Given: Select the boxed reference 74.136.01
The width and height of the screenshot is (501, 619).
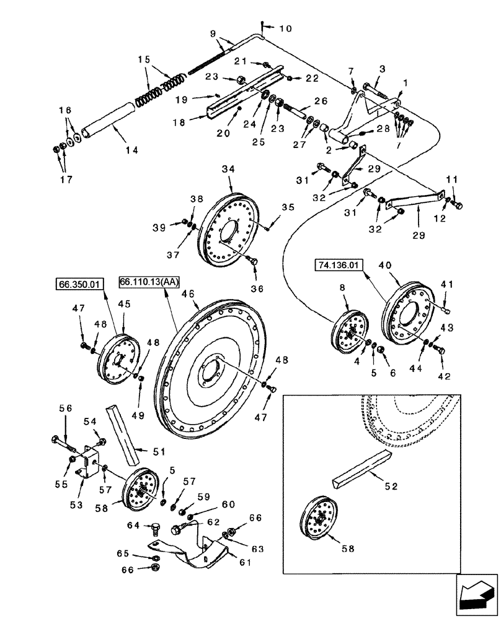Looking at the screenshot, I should [339, 267].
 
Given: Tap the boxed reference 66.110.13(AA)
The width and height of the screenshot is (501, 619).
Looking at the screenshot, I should [148, 282].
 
